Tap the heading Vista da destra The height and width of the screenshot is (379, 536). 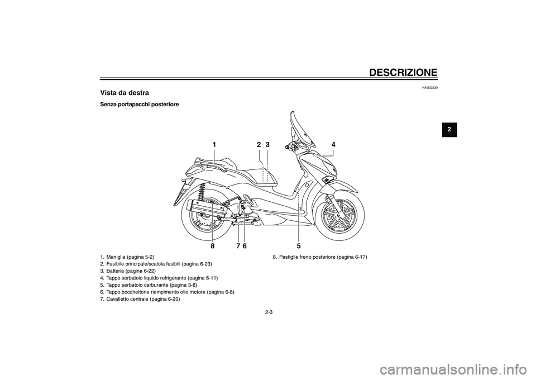pos(125,93)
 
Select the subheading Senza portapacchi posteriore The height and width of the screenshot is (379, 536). pos(139,104)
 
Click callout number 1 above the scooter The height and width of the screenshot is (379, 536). pos(214,145)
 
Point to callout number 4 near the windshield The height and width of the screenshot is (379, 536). pos(333,144)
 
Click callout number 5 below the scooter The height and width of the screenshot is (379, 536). pos(298,245)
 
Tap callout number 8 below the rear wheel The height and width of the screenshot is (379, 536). pos(212,245)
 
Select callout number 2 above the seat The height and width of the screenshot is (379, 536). pos(259,145)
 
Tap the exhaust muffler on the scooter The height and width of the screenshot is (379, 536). pos(205,210)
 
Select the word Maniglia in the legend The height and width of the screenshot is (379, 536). pos(116,257)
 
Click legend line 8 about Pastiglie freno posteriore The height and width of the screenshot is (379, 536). pos(319,257)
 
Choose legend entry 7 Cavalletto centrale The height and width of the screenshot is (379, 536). pos(140,299)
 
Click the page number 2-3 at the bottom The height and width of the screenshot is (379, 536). pos(269,312)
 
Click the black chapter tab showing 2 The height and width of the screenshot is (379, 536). pos(449,130)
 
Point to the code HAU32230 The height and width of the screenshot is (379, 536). pos(430,88)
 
